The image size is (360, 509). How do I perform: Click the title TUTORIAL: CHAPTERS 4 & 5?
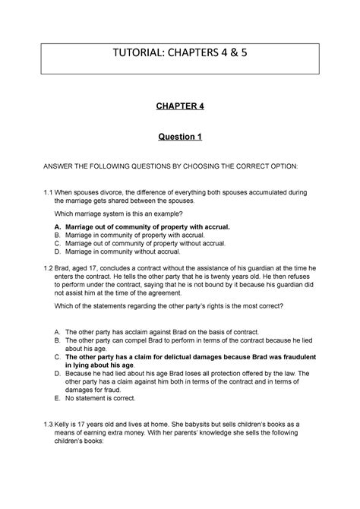(179, 55)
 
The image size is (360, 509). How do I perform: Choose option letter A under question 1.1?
(58, 226)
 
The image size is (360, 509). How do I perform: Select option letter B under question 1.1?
(58, 236)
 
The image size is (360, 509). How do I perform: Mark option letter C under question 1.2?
(58, 356)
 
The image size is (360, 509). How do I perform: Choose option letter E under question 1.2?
(58, 418)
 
